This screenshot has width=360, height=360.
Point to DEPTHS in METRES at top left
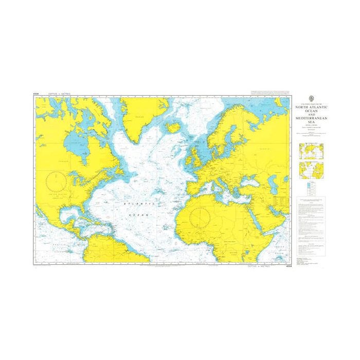[59, 95]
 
